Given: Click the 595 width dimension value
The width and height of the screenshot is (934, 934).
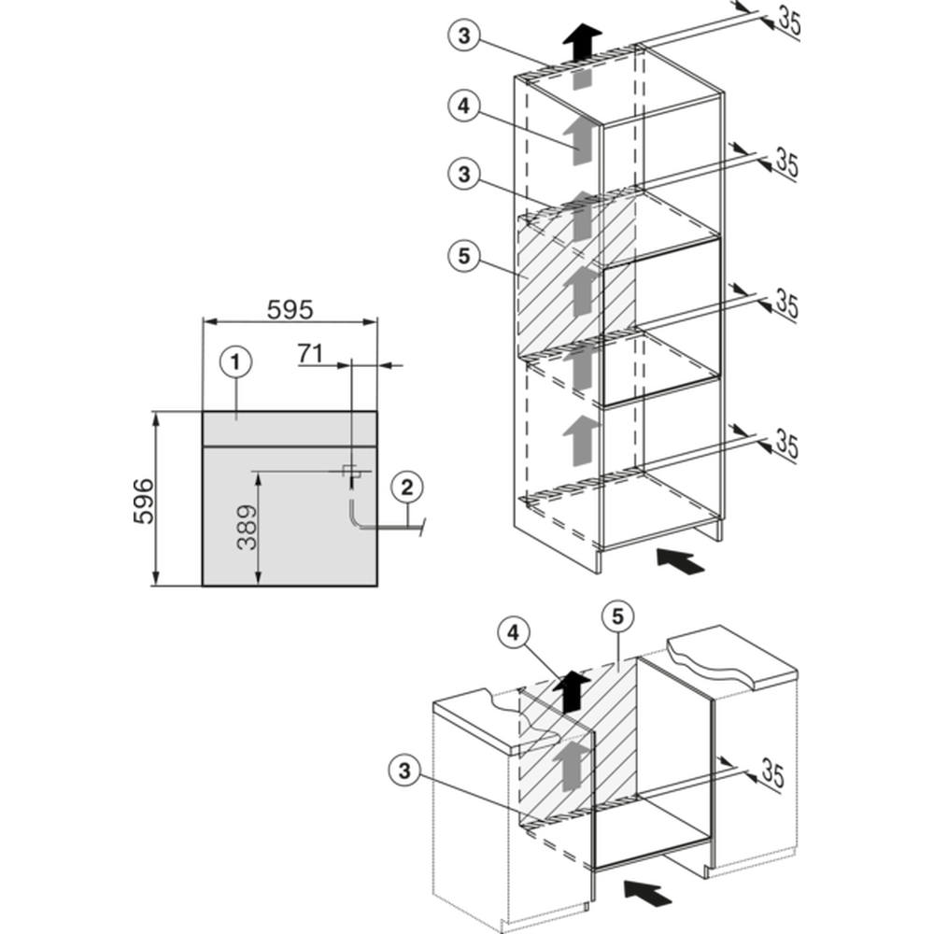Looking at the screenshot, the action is click(290, 310).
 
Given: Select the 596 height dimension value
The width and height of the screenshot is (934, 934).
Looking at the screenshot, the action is click(144, 501).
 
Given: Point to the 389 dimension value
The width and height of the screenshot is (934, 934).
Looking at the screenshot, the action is click(247, 527).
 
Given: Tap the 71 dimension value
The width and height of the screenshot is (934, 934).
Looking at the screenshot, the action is click(310, 353).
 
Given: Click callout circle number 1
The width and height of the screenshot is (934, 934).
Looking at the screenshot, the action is click(236, 362).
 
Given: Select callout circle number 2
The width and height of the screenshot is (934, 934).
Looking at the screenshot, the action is click(407, 488).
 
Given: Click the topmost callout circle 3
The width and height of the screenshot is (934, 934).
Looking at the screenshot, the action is click(464, 35).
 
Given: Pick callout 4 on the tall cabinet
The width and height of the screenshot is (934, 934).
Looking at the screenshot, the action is click(464, 106).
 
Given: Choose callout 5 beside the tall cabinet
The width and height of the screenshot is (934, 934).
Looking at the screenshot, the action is click(464, 256).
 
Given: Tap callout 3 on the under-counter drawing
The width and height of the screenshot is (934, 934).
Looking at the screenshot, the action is click(404, 771).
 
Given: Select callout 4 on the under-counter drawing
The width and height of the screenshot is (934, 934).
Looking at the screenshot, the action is click(514, 633).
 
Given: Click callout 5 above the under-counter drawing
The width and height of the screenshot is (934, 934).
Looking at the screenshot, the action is click(617, 616).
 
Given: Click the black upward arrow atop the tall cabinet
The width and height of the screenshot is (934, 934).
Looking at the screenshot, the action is click(583, 43).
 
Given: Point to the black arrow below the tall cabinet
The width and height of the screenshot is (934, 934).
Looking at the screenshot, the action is click(680, 560).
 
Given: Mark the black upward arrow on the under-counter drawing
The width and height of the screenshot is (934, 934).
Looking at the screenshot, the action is click(572, 691).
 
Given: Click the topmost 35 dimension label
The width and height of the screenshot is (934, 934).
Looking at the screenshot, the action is click(789, 21).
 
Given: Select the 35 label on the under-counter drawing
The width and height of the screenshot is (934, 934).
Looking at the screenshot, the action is click(772, 773).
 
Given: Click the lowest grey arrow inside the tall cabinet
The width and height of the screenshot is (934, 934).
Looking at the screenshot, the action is click(581, 441).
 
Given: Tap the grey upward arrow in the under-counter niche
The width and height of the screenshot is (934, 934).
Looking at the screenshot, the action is click(571, 766).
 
